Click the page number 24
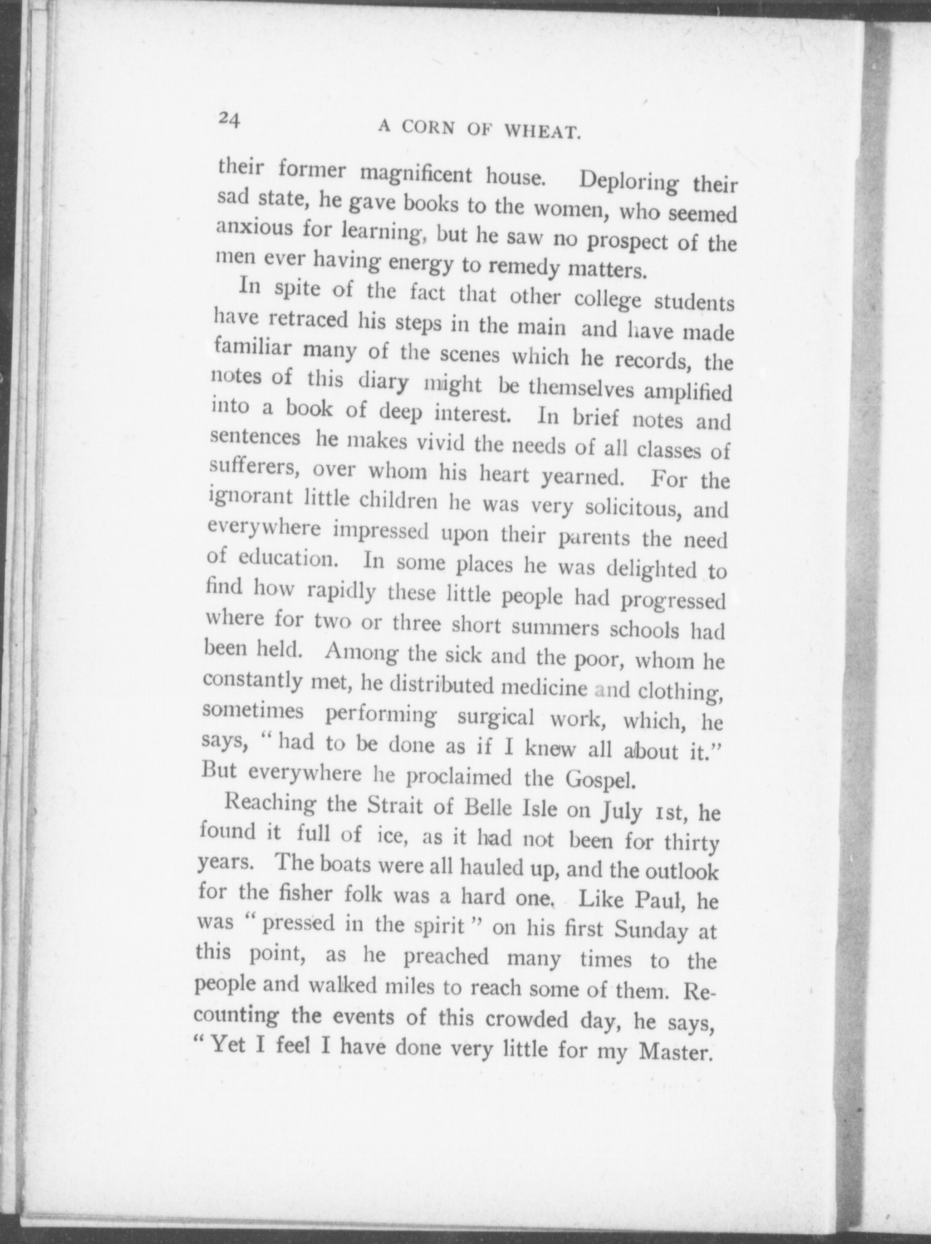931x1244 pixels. click(229, 118)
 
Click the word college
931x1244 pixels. click(608, 301)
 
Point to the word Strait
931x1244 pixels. click(396, 805)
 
